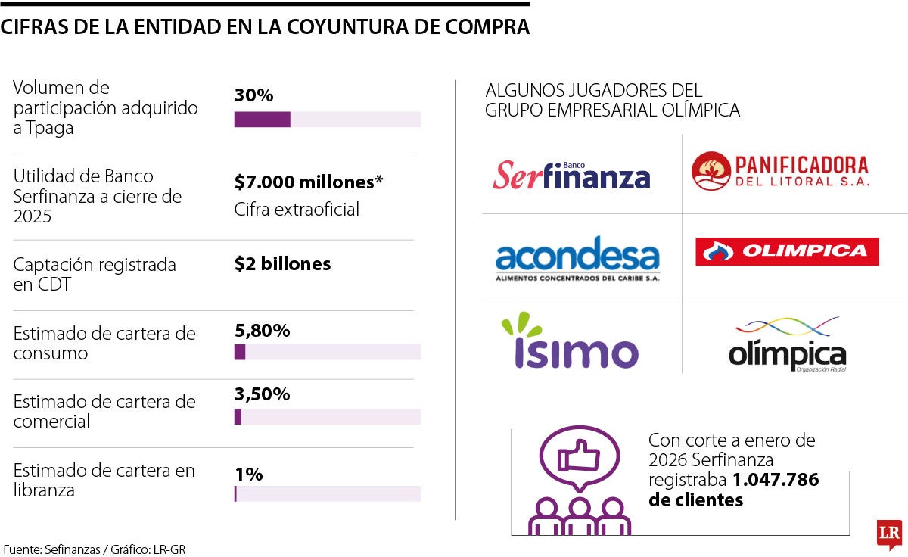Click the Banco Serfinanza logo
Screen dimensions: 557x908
point(571,175)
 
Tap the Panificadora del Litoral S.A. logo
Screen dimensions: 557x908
point(780,172)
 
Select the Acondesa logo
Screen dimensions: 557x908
point(577,258)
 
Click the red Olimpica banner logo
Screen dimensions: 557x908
point(787,251)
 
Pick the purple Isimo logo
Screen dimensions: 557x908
point(570,342)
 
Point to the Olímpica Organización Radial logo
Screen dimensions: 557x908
point(787,345)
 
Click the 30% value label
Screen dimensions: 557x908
point(253,95)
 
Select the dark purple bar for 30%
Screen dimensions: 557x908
point(262,120)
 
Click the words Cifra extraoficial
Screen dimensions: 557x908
point(297,210)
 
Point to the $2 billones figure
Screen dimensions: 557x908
point(282,264)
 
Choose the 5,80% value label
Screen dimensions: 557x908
point(262,331)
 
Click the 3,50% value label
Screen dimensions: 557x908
point(262,394)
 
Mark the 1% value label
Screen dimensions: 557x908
point(248,475)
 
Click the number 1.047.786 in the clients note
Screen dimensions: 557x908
point(776,480)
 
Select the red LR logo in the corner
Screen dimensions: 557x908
point(888,534)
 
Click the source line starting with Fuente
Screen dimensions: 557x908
point(94,549)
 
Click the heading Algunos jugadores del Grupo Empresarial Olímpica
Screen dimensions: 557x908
point(612,101)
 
